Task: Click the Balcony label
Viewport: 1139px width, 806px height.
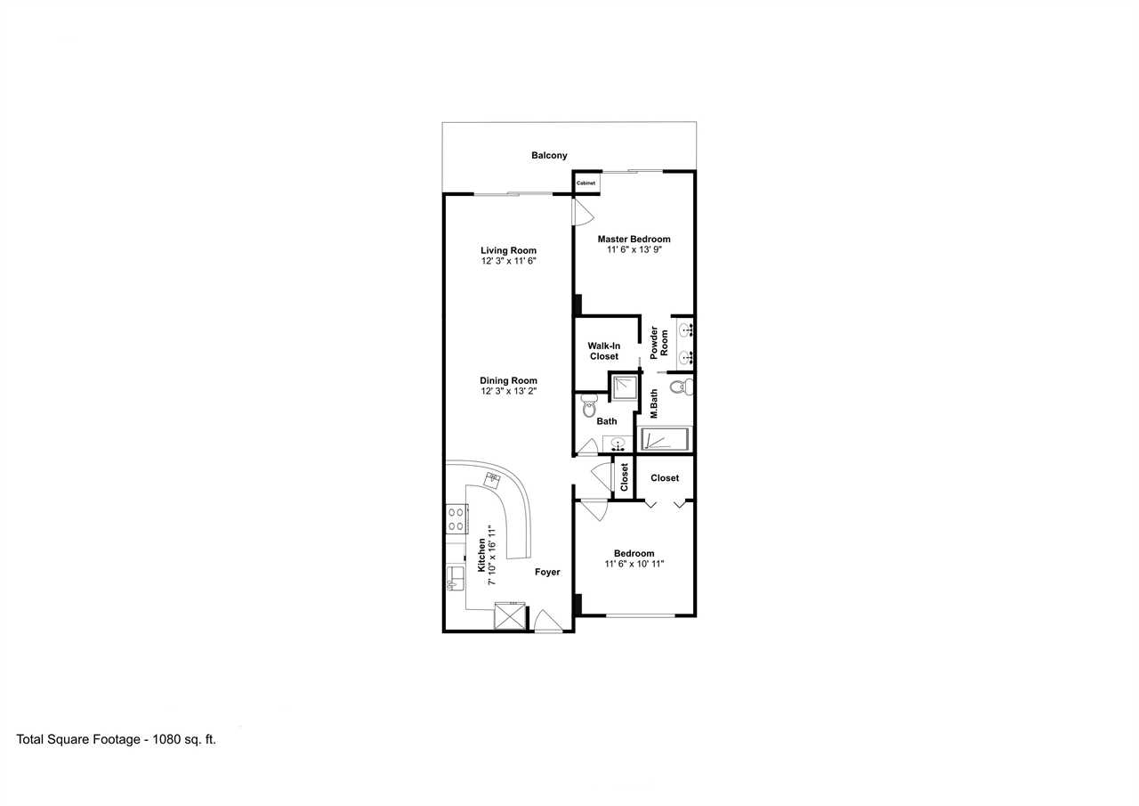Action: pos(549,155)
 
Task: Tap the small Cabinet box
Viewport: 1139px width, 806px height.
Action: pos(586,183)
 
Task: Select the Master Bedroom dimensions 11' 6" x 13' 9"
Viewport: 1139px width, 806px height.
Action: pos(634,250)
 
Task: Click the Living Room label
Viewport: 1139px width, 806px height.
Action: pos(508,250)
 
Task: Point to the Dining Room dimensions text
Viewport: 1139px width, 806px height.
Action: pos(508,391)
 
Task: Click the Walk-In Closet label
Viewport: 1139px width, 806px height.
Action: pos(604,351)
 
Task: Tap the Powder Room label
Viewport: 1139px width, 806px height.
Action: pos(659,343)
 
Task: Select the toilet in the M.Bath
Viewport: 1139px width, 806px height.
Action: pos(682,387)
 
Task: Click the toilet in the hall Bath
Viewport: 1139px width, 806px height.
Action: pos(589,405)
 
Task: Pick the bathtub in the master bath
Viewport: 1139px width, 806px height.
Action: pos(665,438)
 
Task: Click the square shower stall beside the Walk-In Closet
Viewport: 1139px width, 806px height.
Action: pos(625,387)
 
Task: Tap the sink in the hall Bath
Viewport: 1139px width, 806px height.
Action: pos(618,444)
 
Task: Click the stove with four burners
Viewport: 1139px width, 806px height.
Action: pos(456,519)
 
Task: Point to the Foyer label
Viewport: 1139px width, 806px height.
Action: pos(547,573)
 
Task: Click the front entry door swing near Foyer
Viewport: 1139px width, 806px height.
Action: pos(547,622)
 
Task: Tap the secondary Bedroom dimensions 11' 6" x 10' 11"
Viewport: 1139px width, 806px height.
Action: pos(634,564)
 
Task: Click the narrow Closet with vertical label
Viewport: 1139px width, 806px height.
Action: pos(624,477)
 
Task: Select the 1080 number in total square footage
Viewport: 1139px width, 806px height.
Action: pos(166,739)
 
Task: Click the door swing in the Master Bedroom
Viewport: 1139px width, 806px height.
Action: pos(583,211)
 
